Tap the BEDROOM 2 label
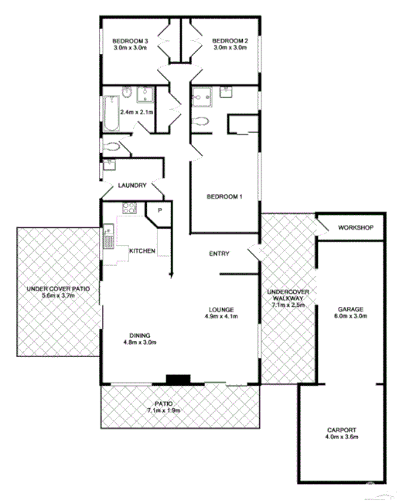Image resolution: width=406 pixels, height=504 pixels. [230, 40]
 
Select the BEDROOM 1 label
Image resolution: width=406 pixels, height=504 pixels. [224, 197]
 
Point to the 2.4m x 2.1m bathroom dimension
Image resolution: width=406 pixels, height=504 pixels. [138, 113]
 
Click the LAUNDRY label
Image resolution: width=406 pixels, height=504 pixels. [131, 186]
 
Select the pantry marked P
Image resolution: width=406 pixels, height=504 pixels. [160, 210]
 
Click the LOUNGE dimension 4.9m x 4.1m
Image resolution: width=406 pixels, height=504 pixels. [219, 316]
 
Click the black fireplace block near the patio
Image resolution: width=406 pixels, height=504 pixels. [178, 380]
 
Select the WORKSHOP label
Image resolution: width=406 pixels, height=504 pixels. [355, 228]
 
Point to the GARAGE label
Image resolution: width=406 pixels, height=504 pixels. [350, 309]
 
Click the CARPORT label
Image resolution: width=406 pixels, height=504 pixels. [341, 431]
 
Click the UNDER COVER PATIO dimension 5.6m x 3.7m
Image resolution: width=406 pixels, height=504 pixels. [59, 296]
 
